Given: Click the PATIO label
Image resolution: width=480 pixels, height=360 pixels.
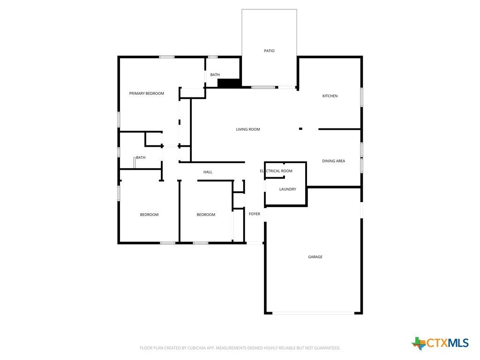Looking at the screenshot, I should point(269,51).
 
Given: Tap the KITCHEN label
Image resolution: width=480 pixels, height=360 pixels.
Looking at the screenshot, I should point(330,96).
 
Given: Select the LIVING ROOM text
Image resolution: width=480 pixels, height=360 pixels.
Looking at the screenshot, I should point(247,129).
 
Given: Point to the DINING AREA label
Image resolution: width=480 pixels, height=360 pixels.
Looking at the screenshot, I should point(333,161).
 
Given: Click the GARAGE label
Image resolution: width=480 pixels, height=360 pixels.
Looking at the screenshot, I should point(315,257).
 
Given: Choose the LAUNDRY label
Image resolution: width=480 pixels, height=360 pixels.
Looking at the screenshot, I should point(287,189).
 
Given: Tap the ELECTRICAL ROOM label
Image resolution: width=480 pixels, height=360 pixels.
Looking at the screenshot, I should point(276,171).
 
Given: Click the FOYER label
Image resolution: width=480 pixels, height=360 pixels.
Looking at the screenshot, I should point(254,214).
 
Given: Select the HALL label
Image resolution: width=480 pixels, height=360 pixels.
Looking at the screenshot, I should point(208,172).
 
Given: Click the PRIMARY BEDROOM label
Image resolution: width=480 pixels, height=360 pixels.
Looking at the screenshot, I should point(146,94).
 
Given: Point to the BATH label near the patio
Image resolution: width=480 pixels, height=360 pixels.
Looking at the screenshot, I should point(215,75).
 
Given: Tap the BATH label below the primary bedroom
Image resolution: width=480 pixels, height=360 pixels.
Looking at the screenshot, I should point(141,157).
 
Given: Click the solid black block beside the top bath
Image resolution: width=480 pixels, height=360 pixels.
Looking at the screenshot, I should point(229,83).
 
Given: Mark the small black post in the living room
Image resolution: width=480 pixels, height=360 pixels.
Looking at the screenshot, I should point(300,129).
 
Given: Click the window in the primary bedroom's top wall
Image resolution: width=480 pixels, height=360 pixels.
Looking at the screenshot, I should point(166,57).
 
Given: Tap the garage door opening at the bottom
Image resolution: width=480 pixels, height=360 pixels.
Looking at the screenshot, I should point(314,313).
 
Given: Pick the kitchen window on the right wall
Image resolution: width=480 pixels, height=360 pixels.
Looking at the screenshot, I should point(361,97).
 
